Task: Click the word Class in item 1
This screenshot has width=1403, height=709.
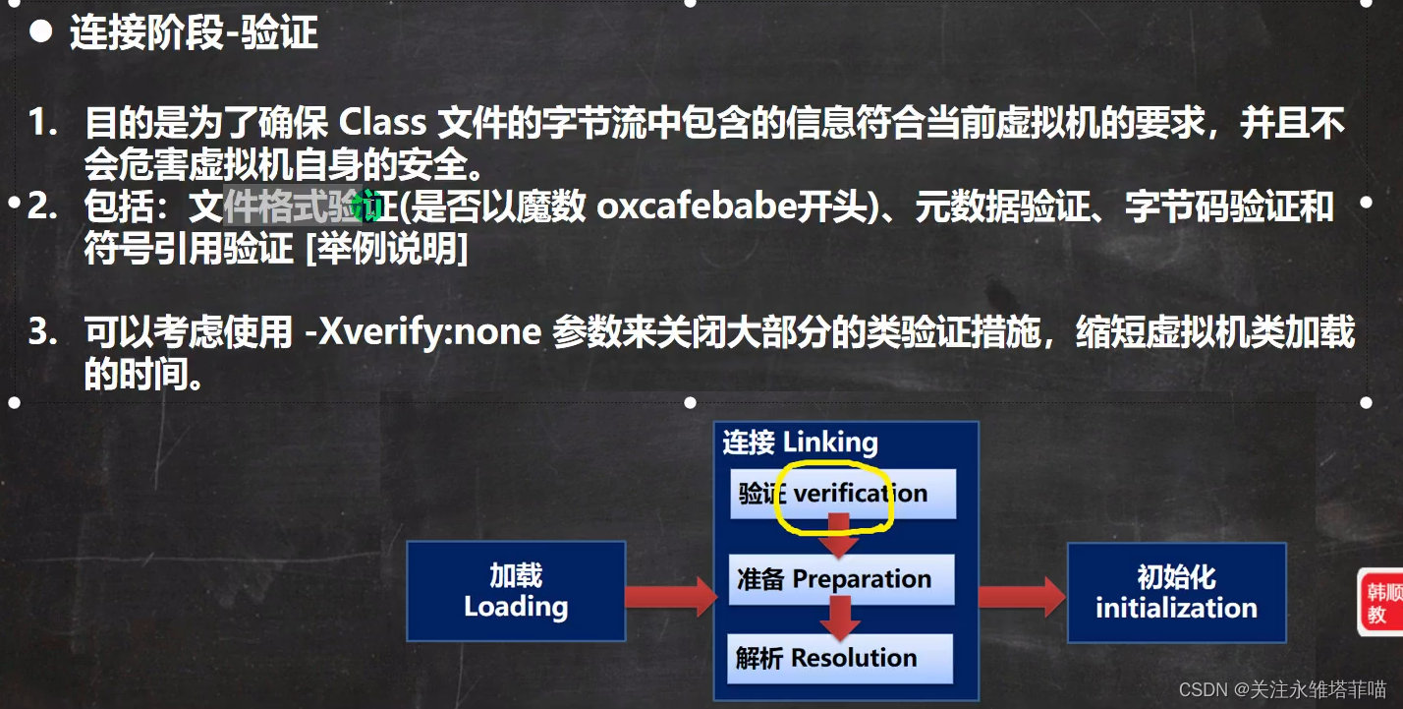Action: [x=382, y=122]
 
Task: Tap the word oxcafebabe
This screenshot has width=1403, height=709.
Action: [x=697, y=207]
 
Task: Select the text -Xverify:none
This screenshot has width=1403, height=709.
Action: [x=423, y=332]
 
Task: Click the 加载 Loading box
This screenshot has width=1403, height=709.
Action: [x=516, y=591]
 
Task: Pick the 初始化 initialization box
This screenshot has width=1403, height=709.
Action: [x=1177, y=593]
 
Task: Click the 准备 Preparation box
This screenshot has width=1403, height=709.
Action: [x=842, y=579]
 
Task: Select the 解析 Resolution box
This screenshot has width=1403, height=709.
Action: [x=840, y=658]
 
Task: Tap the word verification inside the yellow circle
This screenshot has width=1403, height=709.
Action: [x=861, y=494]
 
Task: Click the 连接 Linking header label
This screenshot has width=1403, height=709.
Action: [x=801, y=442]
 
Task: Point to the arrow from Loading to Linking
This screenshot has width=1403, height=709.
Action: [x=671, y=596]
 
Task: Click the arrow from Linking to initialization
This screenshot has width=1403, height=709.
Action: [x=1022, y=597]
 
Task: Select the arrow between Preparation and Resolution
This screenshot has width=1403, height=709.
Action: [x=840, y=619]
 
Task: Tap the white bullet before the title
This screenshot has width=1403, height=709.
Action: [x=40, y=31]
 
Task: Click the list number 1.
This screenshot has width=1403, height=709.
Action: [x=42, y=122]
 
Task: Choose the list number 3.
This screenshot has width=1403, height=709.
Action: [x=42, y=332]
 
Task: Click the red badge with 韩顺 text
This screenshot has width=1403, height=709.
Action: [x=1380, y=602]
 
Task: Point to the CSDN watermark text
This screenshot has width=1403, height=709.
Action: [x=1282, y=689]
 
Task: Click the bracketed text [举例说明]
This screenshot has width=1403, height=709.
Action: [x=387, y=249]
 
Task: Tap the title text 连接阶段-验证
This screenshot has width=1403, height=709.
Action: [x=194, y=32]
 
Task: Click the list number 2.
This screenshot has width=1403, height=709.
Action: [x=42, y=207]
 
